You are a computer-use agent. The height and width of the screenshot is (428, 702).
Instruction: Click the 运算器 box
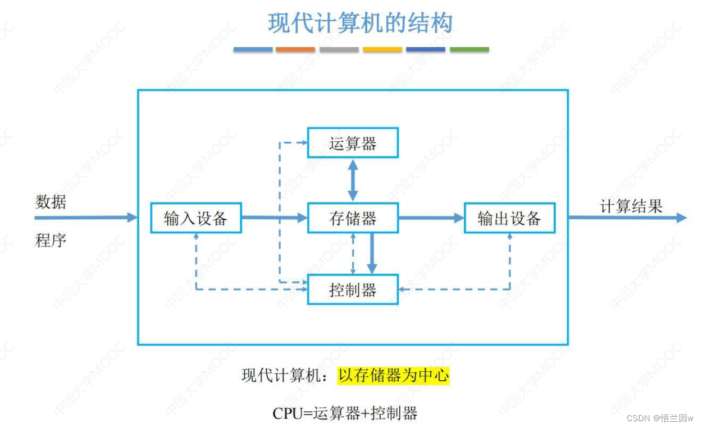353,143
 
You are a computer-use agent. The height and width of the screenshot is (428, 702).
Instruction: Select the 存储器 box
353,218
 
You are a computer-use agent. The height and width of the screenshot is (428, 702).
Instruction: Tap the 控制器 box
353,290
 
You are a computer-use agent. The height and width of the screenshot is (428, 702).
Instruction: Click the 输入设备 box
196,218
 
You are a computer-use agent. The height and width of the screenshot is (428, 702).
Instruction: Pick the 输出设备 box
509,218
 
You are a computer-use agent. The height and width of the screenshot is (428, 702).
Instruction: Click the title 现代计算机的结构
361,24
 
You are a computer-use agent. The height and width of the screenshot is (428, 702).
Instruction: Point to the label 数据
51,201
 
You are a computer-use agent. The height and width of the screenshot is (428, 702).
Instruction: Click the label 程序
51,241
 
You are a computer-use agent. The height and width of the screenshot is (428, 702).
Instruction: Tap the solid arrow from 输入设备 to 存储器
274,218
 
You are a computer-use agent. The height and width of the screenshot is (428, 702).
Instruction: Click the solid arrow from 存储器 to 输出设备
431,218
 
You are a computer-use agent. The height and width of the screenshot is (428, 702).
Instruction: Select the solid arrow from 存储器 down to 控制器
371,253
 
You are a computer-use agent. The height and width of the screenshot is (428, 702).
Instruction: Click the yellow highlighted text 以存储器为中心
394,375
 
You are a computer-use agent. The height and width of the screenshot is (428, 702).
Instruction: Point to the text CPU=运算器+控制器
345,413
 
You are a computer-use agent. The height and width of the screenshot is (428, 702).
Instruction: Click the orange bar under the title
295,49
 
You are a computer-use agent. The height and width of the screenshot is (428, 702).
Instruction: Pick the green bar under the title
469,49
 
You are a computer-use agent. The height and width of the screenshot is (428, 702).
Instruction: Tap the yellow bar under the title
382,49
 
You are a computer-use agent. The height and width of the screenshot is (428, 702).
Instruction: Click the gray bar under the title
339,49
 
